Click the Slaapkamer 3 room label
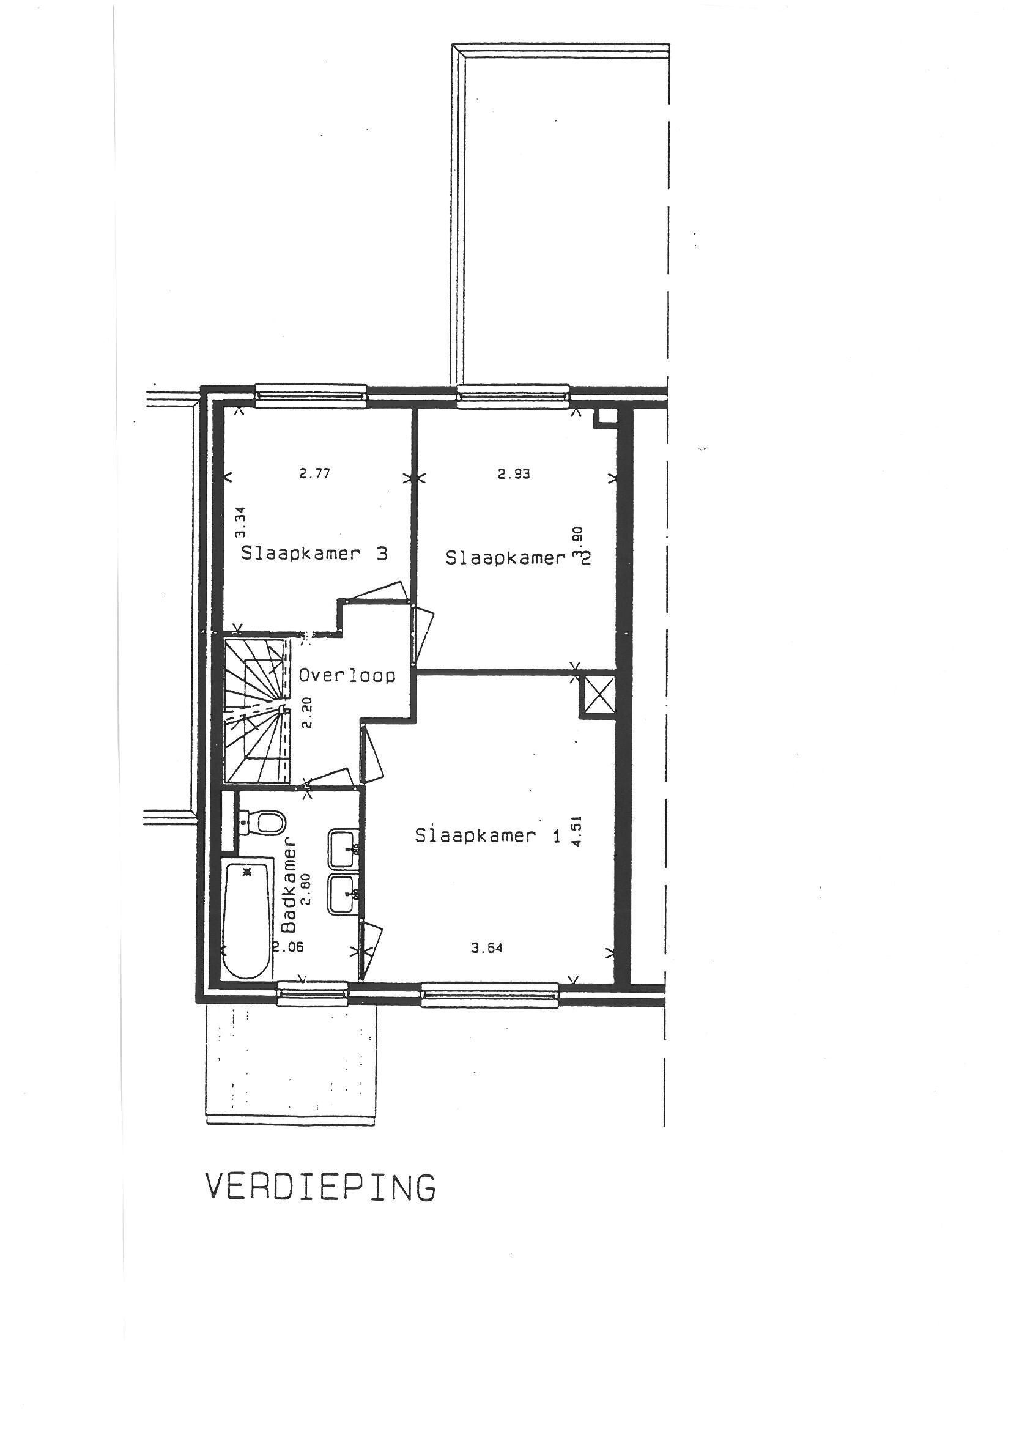(314, 553)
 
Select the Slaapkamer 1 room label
(487, 835)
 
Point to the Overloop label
(347, 675)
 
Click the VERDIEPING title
(320, 1187)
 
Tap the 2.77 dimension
(314, 473)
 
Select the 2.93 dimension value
(514, 474)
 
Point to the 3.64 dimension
(487, 948)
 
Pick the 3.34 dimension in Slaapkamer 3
(241, 522)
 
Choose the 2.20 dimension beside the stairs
(305, 714)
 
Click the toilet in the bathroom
(262, 822)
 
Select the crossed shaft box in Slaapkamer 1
(597, 695)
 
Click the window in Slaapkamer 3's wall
(311, 395)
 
